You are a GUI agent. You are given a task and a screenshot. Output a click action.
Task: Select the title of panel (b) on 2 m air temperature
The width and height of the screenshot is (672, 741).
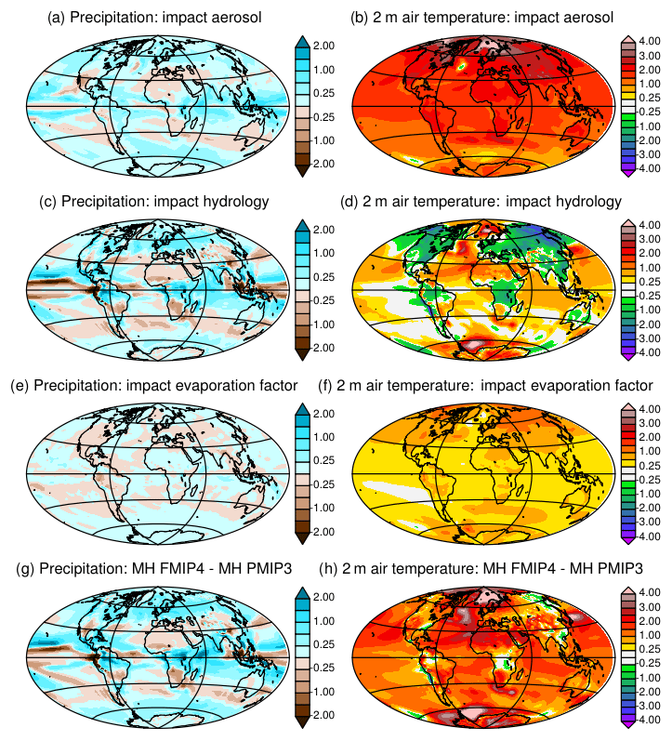(x=483, y=18)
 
